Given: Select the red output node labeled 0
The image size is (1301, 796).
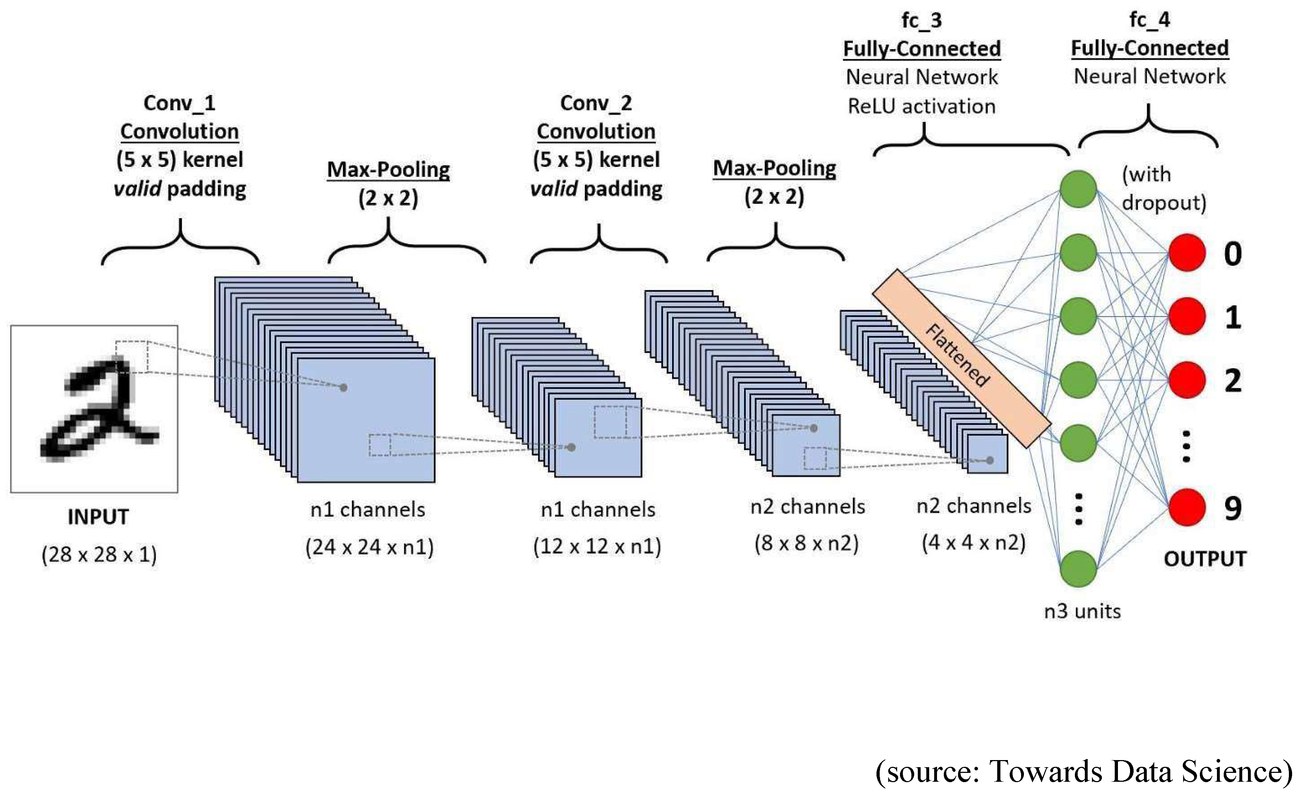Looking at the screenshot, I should [x=1187, y=253].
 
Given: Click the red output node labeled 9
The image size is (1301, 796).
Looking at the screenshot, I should [x=1187, y=507].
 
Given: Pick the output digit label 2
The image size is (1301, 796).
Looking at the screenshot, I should [x=1232, y=381].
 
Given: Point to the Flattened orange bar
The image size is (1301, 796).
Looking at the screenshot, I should [x=961, y=359].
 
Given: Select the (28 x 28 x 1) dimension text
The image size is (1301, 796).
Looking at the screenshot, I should [x=99, y=554].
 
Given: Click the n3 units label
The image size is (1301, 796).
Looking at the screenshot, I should [x=1082, y=611].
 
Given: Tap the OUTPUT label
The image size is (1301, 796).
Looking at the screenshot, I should [x=1205, y=559].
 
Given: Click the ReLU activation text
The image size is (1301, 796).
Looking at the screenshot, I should [x=921, y=106].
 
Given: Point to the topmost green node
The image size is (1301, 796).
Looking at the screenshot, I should [x=1078, y=189].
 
